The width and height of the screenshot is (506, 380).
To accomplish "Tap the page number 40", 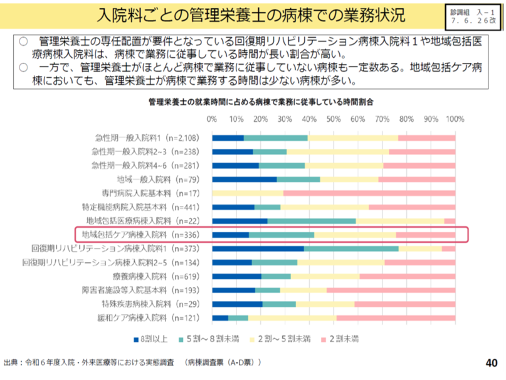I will pyautogui.click(x=491, y=362).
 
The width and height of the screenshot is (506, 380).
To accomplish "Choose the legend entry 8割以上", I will pyautogui.click(x=151, y=339).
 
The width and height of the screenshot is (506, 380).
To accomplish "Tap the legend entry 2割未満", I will pyautogui.click(x=342, y=339).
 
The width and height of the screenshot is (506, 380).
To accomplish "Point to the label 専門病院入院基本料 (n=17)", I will pyautogui.click(x=150, y=193).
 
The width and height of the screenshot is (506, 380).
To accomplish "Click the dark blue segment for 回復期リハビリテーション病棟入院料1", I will pyautogui.click(x=258, y=249).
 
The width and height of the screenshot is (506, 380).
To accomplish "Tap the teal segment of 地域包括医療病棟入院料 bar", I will pyautogui.click(x=312, y=221).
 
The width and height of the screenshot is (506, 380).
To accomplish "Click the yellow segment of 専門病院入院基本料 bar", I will pyautogui.click(x=248, y=193).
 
